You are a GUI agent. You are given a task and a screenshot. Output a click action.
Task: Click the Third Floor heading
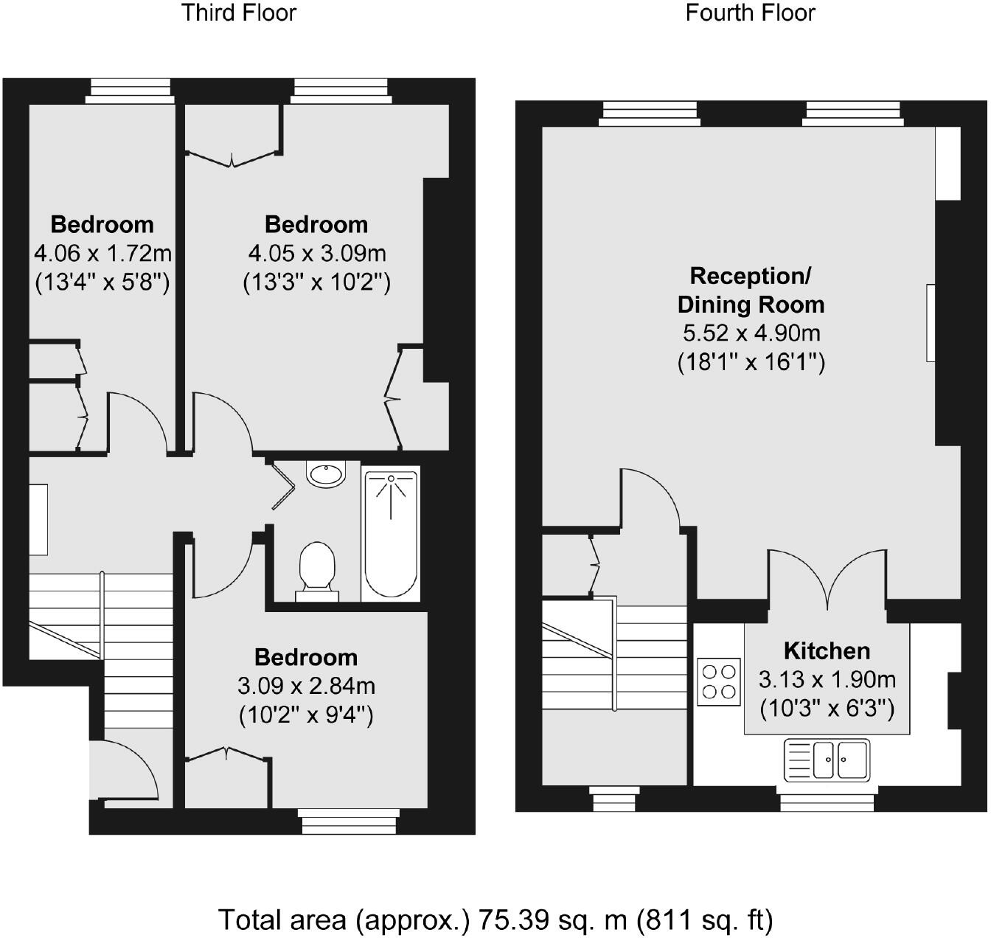(239, 13)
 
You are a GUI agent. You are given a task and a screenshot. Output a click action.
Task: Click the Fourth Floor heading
(750, 13)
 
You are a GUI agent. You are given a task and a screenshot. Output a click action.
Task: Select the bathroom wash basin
(326, 473)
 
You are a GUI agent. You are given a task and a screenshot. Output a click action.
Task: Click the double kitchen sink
(827, 759)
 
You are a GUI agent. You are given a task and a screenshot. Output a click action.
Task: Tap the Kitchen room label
(827, 650)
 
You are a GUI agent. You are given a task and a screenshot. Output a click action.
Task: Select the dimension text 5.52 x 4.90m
(751, 333)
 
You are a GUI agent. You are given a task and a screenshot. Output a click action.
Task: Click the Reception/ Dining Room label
(751, 290)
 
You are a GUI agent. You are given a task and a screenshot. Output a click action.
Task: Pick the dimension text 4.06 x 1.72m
(102, 254)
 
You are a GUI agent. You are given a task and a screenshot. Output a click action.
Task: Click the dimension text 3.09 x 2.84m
(306, 687)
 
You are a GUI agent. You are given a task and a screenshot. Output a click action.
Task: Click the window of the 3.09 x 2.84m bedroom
(349, 821)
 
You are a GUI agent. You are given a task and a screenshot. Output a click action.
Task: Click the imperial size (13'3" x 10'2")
(316, 282)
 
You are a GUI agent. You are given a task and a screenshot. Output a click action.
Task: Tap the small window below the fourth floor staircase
(614, 799)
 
